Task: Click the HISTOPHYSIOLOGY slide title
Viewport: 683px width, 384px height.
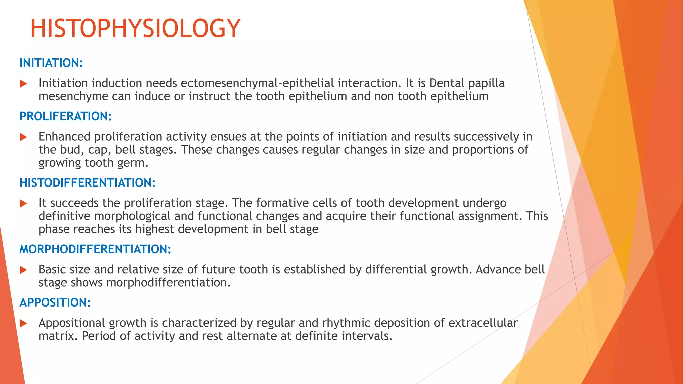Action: [135, 28]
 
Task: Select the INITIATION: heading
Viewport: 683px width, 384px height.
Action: [51, 63]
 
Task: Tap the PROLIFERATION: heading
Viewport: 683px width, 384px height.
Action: [65, 116]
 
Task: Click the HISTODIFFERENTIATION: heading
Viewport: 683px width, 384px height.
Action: [87, 183]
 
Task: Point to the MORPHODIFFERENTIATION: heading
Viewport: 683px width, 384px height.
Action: [95, 249]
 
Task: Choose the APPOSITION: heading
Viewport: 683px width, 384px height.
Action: [55, 303]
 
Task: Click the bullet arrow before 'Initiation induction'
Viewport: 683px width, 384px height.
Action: [23, 84]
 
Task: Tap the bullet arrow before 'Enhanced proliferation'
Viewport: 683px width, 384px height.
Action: [23, 137]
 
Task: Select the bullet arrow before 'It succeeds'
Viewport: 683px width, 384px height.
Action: [23, 203]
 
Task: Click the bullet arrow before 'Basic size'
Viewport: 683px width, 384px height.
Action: [23, 270]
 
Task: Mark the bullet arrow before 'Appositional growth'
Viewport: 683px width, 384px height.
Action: [23, 323]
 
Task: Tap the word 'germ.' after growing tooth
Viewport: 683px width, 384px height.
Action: [133, 163]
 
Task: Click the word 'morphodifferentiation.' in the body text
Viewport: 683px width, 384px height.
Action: [168, 283]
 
